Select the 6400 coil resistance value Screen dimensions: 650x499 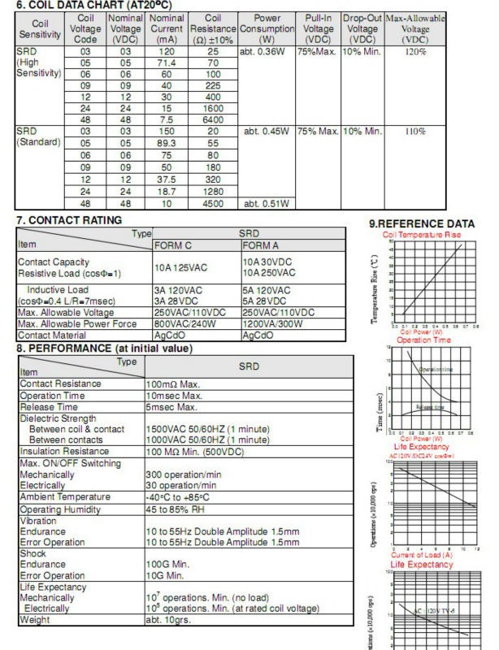(x=213, y=117)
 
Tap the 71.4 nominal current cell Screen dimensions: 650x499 (x=167, y=63)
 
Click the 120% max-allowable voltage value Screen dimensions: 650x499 (x=415, y=50)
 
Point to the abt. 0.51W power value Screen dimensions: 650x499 (x=263, y=203)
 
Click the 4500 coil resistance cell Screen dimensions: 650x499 (x=213, y=203)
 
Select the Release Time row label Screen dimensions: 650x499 (x=50, y=407)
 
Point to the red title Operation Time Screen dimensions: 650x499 (x=422, y=340)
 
